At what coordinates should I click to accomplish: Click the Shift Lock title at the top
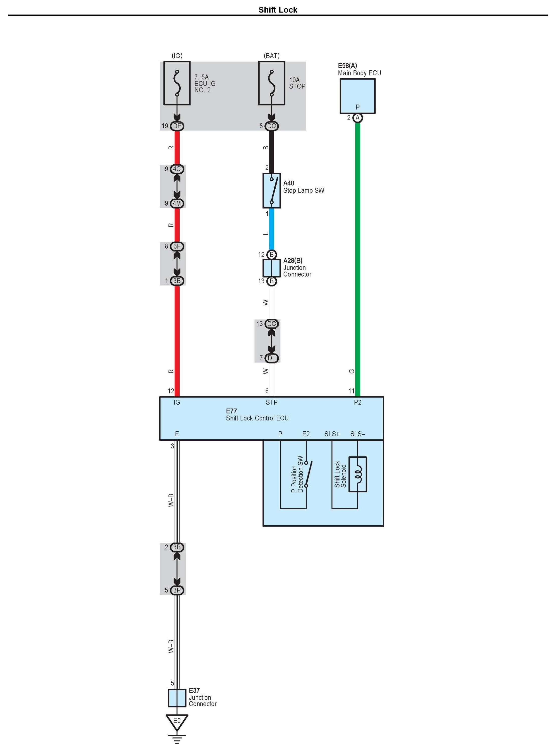tap(278, 10)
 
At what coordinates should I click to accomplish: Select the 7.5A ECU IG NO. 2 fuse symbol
tap(177, 83)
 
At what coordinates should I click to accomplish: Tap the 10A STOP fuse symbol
tap(271, 83)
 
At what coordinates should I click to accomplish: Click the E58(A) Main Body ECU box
tap(357, 96)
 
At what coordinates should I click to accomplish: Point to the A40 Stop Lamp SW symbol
tap(271, 190)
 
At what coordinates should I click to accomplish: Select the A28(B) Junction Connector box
tap(271, 268)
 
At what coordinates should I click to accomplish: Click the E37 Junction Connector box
tap(177, 697)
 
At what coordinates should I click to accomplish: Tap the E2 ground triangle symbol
tap(177, 721)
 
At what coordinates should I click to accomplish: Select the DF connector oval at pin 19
tap(177, 126)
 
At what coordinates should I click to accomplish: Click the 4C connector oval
tap(177, 169)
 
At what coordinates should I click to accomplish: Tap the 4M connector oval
tap(177, 203)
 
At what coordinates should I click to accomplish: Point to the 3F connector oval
tap(177, 246)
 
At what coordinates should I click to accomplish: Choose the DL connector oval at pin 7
tap(271, 358)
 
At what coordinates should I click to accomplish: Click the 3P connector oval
tap(177, 590)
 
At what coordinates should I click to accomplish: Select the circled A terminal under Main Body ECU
tap(358, 117)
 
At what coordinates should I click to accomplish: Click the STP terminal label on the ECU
tap(271, 402)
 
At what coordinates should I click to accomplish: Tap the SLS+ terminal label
tap(332, 434)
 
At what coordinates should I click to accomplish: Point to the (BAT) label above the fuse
tap(271, 56)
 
